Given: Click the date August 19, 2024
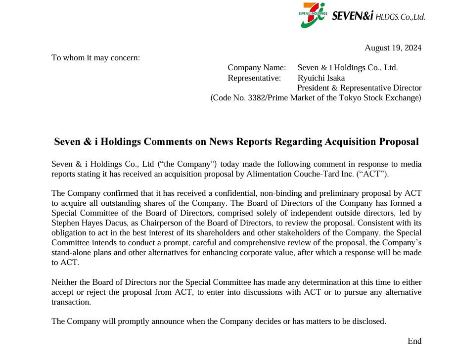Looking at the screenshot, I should point(393,47).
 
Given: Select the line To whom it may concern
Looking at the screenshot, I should point(96,57).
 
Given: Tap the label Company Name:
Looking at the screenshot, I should point(257,67).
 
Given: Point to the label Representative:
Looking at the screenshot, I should point(254,78).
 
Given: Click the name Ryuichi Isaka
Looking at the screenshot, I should point(321,78).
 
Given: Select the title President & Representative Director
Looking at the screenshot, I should point(359,88).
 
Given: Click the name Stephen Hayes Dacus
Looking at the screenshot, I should point(86,223).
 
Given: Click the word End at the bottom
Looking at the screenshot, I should point(414,341).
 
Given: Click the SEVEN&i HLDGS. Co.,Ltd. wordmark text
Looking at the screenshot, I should point(378,16).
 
